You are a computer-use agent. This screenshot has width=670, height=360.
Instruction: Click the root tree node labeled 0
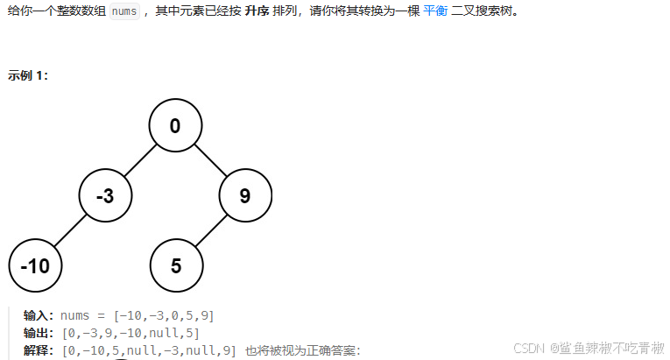(x=175, y=126)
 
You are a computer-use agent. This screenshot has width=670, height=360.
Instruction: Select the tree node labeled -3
(x=105, y=196)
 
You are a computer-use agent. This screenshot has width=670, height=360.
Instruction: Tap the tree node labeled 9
(x=244, y=196)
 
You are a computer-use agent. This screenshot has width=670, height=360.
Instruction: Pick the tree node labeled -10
(x=35, y=265)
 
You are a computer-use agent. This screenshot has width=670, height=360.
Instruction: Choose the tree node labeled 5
(x=175, y=265)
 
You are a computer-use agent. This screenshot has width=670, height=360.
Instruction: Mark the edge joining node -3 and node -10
(x=70, y=230)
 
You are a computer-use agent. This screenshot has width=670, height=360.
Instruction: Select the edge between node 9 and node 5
(x=210, y=230)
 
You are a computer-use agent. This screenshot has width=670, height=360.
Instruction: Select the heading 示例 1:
(x=28, y=75)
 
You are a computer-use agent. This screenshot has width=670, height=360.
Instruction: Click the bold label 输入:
(x=40, y=315)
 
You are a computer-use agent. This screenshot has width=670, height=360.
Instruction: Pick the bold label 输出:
(x=40, y=333)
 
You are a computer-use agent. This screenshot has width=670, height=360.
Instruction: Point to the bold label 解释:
(x=40, y=350)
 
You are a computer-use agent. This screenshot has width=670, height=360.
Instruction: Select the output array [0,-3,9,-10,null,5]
(x=130, y=333)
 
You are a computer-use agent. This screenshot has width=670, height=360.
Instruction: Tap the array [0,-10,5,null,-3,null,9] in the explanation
(x=148, y=350)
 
